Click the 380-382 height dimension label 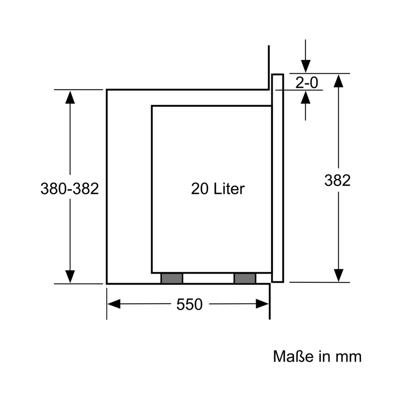(70, 188)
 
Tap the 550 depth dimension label (189, 304)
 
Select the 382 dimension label (338, 180)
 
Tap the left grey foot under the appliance (172, 278)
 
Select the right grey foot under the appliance (245, 278)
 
